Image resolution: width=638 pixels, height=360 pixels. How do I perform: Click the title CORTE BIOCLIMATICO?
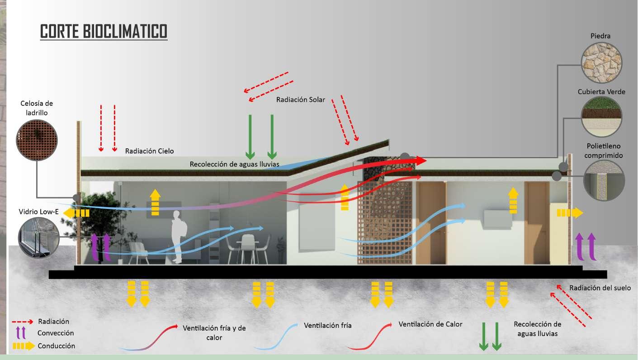(x=104, y=31)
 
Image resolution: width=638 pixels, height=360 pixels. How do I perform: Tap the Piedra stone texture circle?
(x=602, y=62)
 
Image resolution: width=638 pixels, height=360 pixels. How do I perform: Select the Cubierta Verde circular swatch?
(x=602, y=117)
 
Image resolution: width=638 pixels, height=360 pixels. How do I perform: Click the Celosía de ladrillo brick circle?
(x=37, y=138)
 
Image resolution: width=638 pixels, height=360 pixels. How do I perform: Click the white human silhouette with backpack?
(x=177, y=236)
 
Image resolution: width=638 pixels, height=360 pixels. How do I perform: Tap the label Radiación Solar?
(x=300, y=99)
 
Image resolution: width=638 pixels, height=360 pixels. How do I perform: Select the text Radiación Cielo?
(x=149, y=151)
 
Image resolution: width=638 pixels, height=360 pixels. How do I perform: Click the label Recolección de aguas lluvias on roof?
(x=234, y=164)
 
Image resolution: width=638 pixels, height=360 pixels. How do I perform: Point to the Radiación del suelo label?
(x=600, y=288)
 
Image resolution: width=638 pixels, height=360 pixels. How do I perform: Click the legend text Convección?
(x=56, y=333)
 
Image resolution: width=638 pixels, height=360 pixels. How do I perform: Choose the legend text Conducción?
(x=57, y=346)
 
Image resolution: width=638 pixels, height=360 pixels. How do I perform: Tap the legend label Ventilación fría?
(x=327, y=326)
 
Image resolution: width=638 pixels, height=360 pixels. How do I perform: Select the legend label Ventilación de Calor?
(x=430, y=324)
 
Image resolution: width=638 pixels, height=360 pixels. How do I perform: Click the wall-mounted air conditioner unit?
(x=497, y=218)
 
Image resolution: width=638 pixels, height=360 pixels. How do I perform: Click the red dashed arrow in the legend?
(x=22, y=322)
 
